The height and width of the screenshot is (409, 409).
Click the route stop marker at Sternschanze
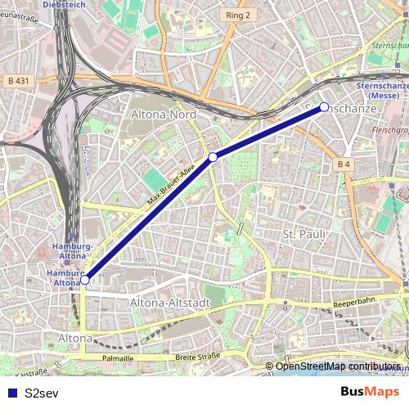tap(324, 107)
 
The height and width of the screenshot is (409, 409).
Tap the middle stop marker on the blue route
tap(213, 156)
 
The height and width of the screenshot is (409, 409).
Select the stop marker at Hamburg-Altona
tap(85, 280)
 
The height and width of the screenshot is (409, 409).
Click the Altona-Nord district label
tap(164, 115)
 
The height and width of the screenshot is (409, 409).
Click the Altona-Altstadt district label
tap(170, 303)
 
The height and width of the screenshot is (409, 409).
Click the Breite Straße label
tap(198, 357)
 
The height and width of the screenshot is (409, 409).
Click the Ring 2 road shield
tap(238, 15)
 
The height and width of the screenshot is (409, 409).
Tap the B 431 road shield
tap(16, 81)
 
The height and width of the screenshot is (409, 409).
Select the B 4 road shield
tap(344, 164)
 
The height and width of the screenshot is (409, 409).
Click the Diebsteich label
tap(63, 4)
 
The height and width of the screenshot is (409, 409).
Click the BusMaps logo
tap(370, 391)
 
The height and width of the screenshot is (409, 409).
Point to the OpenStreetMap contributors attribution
tap(337, 366)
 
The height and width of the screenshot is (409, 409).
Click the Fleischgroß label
tap(389, 129)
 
